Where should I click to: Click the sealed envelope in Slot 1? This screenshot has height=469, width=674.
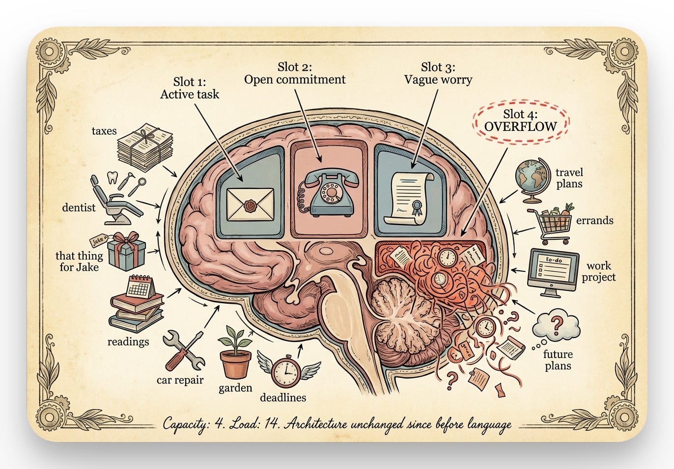(x=250, y=204)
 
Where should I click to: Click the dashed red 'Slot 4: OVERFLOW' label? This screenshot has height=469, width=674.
(x=520, y=120)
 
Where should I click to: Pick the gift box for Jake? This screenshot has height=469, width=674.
(x=126, y=251)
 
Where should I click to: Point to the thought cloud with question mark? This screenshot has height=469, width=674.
(x=556, y=325)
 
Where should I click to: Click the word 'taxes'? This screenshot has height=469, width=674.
(x=104, y=131)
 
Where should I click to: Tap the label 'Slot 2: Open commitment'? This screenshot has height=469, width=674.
(x=295, y=73)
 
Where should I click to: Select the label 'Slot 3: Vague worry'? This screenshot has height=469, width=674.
(x=438, y=73)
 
